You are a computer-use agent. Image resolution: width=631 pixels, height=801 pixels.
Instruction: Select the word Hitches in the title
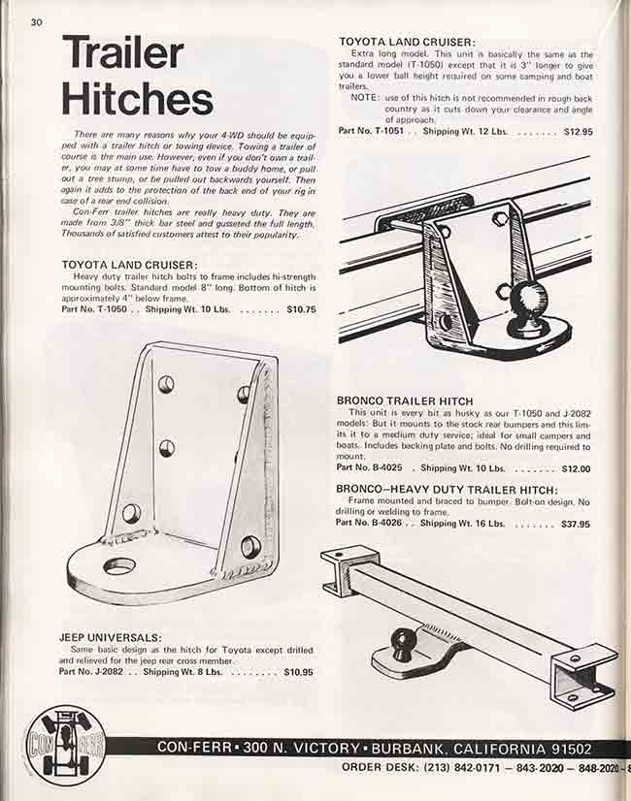coord(137,98)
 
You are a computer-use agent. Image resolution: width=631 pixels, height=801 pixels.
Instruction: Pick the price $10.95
coord(298,671)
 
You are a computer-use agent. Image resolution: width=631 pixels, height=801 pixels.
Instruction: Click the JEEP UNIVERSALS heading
coord(111,637)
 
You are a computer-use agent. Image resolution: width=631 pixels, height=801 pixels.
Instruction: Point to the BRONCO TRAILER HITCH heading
coord(405,400)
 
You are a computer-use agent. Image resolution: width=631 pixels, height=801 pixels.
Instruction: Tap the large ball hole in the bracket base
coord(120,565)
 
